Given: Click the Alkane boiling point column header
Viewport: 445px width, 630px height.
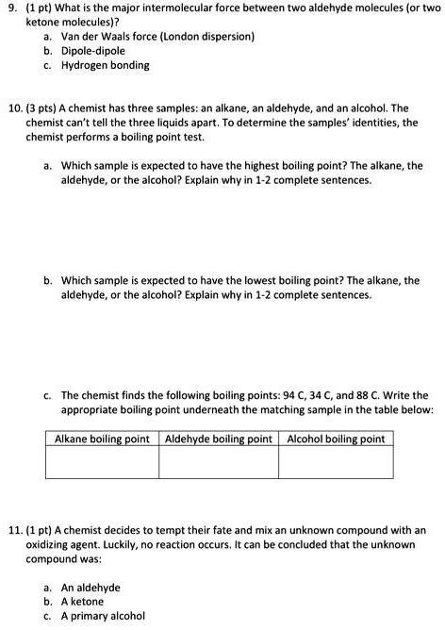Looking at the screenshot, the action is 102,439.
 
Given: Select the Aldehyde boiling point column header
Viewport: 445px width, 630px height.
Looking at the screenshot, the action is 218,439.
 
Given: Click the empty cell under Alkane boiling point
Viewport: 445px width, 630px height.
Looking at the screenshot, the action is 102,462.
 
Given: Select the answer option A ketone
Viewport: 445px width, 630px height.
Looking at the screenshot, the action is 83,601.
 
